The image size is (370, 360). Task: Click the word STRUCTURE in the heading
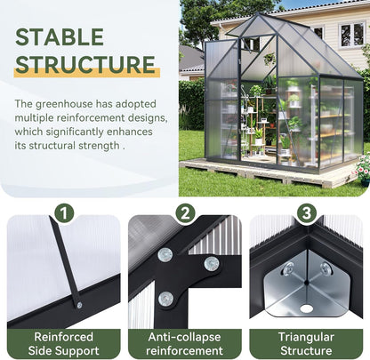coord(86,65)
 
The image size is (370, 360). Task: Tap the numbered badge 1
coord(63,213)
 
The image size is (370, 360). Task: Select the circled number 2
coord(185,213)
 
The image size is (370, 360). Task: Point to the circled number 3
coord(306,213)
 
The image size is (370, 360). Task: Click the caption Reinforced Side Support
coord(63,344)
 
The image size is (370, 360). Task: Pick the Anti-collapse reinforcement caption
coord(185,344)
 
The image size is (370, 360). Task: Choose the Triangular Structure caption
coord(306,344)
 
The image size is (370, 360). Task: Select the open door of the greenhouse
coord(220,102)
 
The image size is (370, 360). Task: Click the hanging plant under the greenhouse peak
coord(269,60)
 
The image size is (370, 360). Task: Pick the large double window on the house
coord(351,35)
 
